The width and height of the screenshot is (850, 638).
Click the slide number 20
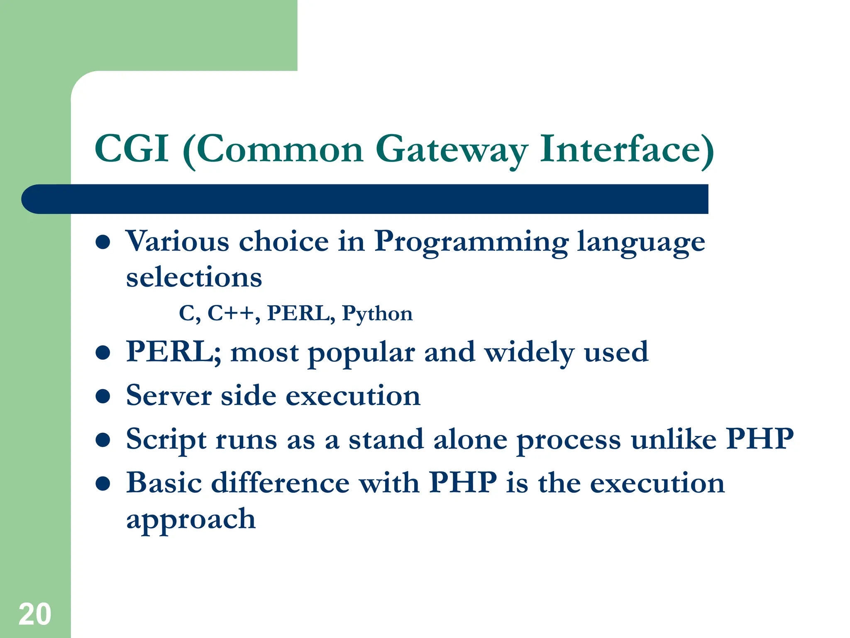tap(35, 614)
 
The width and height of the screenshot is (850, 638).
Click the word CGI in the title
tap(132, 149)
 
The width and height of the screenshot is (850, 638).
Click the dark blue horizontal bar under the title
tap(365, 199)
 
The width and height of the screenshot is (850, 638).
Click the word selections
tap(194, 277)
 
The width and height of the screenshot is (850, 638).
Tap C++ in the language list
tap(231, 313)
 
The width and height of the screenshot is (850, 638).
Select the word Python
tap(377, 314)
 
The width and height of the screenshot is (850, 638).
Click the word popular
tap(361, 353)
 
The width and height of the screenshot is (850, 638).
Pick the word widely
tap(529, 353)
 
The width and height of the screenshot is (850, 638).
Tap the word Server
tap(169, 396)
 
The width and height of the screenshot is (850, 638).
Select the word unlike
tap(673, 439)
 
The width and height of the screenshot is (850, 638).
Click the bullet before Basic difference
tap(103, 484)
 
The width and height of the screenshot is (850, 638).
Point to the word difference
tap(280, 483)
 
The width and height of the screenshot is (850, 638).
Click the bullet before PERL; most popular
tap(103, 353)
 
